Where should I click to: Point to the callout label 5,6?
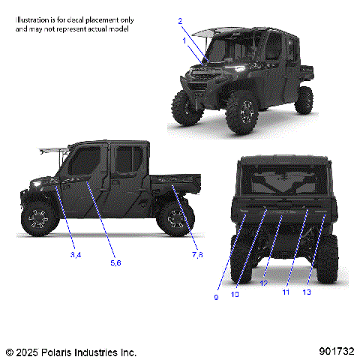coord(115,262)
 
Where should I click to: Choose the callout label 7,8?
coord(197,256)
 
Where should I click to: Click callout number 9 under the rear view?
coord(217,298)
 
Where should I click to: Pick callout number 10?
coord(235,295)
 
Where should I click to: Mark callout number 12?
coord(263,283)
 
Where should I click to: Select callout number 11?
coord(286,292)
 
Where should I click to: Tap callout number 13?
coord(306,292)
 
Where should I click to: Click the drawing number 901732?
coord(334,351)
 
